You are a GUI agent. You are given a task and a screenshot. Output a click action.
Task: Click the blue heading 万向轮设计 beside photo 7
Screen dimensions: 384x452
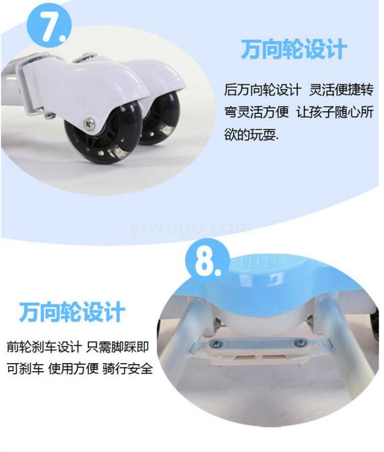(294, 49)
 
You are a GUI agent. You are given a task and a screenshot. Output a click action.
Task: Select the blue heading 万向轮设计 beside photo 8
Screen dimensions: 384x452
(72, 311)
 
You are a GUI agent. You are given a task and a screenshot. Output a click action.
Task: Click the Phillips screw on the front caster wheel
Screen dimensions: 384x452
(90, 123)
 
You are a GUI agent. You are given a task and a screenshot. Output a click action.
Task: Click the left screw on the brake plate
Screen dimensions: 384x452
(216, 343)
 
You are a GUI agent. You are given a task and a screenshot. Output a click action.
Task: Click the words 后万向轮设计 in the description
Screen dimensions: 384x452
(263, 90)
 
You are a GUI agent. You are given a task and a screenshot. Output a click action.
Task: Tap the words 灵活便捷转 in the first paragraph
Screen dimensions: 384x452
(341, 90)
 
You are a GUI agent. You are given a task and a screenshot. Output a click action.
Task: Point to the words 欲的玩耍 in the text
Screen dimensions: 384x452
(251, 134)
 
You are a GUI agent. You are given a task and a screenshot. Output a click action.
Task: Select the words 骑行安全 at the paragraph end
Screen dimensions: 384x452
(127, 368)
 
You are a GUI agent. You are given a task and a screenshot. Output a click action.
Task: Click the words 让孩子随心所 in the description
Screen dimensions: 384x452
(335, 112)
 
